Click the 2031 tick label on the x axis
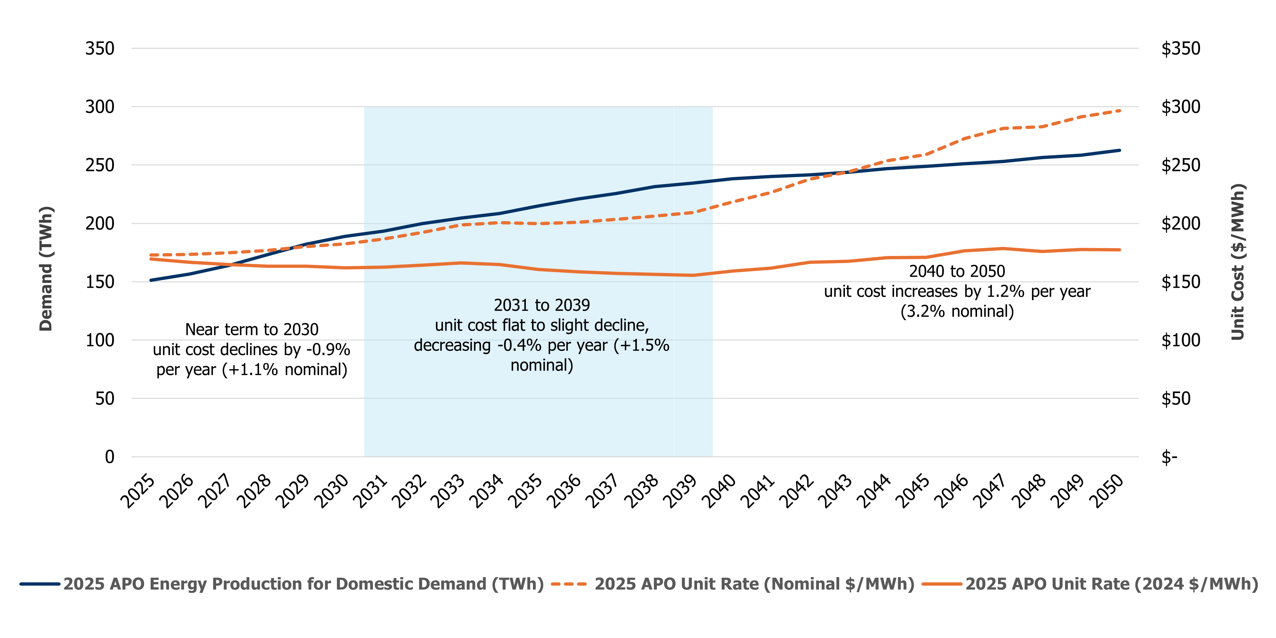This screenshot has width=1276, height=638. click(371, 491)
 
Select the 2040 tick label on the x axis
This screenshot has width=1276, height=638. click(719, 491)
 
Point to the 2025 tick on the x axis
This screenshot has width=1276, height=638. click(138, 491)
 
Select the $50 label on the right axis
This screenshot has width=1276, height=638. click(1175, 398)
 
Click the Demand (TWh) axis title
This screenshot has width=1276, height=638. click(46, 268)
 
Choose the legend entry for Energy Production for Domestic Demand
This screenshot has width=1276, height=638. click(303, 584)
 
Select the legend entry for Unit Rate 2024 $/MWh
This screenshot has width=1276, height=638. click(1111, 584)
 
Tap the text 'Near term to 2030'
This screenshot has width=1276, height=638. click(252, 329)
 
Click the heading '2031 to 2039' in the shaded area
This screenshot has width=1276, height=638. click(542, 305)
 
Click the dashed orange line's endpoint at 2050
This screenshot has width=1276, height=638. click(1119, 110)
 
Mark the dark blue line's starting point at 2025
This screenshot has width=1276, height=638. click(151, 280)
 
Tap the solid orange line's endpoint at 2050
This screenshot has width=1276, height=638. click(1119, 250)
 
